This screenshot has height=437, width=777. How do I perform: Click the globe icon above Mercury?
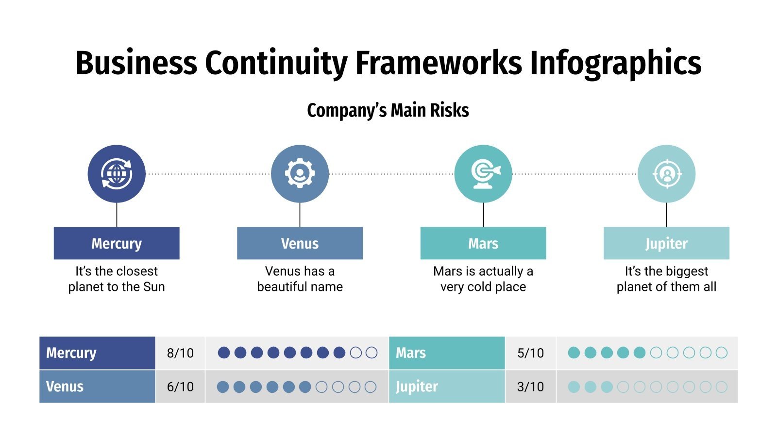(117, 173)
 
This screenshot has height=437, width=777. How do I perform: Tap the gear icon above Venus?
(300, 173)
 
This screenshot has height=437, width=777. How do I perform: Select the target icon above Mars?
(483, 173)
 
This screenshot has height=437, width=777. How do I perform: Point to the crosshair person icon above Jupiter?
(666, 173)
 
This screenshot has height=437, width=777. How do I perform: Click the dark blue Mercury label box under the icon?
(117, 243)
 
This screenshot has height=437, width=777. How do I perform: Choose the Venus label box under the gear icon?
(300, 243)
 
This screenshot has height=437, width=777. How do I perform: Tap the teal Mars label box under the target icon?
(483, 243)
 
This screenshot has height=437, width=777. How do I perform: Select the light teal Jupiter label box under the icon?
(666, 243)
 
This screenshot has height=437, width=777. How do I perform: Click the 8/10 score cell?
(180, 353)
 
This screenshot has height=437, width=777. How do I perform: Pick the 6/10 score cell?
(180, 387)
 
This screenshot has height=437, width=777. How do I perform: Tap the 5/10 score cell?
(530, 353)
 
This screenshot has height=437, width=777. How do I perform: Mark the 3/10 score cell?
(530, 387)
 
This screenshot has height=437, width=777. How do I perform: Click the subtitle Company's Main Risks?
(388, 110)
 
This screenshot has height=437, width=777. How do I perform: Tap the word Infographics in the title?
(615, 63)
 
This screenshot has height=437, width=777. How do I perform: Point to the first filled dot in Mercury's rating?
(224, 353)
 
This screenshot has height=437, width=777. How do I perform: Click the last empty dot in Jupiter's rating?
(722, 387)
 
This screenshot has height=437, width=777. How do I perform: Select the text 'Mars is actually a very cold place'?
(483, 279)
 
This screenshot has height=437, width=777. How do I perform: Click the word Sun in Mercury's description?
(154, 287)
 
